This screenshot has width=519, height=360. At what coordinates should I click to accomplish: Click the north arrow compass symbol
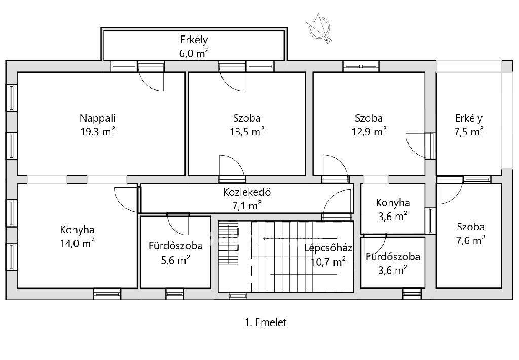(x=319, y=28)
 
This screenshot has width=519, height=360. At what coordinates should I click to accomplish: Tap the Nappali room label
(x=98, y=118)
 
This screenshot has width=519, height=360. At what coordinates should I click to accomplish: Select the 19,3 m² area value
(x=98, y=132)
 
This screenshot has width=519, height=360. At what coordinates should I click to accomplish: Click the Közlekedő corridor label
(x=247, y=192)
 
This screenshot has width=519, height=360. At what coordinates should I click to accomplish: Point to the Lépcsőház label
(x=328, y=248)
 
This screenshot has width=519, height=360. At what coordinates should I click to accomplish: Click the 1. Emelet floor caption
(x=266, y=322)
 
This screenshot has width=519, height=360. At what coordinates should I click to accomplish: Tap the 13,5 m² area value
(x=247, y=132)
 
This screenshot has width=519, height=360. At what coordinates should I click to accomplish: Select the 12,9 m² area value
(x=369, y=132)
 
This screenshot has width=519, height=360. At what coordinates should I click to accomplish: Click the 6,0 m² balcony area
(x=194, y=53)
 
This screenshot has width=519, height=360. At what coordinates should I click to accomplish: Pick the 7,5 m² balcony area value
(x=469, y=132)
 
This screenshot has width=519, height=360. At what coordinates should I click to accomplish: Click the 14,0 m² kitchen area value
(x=77, y=244)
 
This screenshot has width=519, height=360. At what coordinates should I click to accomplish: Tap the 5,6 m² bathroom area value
(x=175, y=260)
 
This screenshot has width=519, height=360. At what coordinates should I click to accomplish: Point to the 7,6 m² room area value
(x=470, y=240)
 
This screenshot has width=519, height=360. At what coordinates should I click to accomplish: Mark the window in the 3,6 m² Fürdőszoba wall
(x=412, y=294)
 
